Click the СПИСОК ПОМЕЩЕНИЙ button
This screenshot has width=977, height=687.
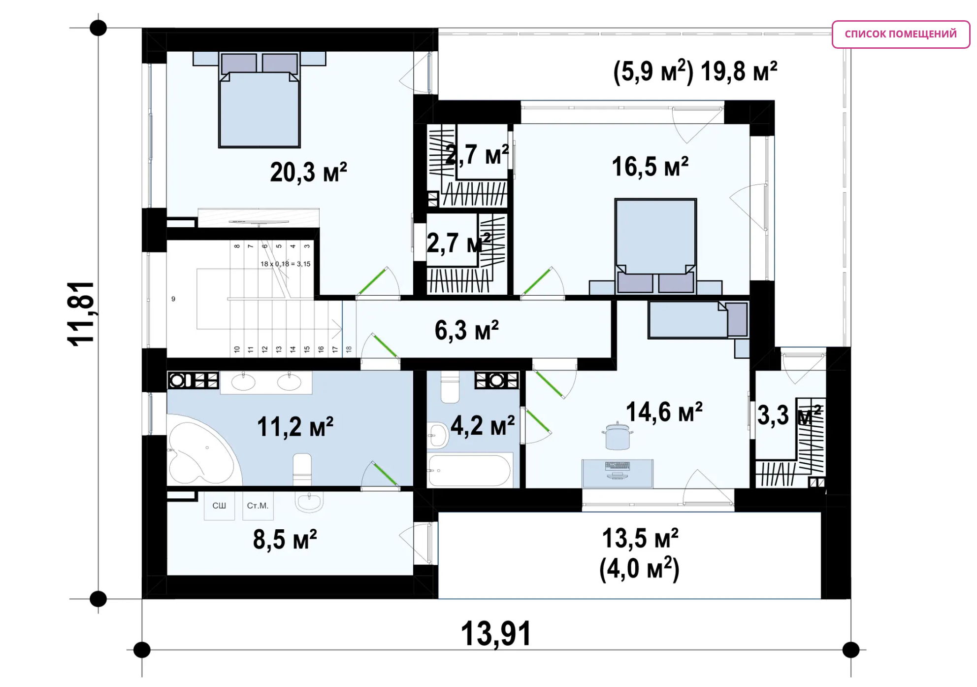point(901,34)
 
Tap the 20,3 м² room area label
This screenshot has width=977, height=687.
point(309,172)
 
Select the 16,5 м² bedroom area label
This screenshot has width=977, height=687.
point(650,167)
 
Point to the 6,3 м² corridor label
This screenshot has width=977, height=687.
point(467,330)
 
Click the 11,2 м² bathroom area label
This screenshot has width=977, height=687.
point(295,427)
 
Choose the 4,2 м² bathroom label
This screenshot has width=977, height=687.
point(483,425)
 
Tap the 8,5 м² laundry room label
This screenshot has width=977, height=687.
point(285,539)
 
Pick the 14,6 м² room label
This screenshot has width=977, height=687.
point(664,412)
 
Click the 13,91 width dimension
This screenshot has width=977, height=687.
point(496,634)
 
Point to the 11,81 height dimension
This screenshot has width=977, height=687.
point(81,313)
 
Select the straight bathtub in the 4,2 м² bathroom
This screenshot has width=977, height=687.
point(470,471)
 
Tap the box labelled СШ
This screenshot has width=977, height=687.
point(219,506)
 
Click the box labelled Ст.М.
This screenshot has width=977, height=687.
point(258,506)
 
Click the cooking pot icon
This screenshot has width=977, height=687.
point(618,436)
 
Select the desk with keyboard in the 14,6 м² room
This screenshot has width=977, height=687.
point(618,474)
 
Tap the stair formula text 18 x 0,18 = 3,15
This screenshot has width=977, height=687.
point(286,264)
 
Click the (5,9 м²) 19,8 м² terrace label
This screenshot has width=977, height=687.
point(695,71)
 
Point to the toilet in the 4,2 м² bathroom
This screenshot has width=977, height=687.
point(450,387)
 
